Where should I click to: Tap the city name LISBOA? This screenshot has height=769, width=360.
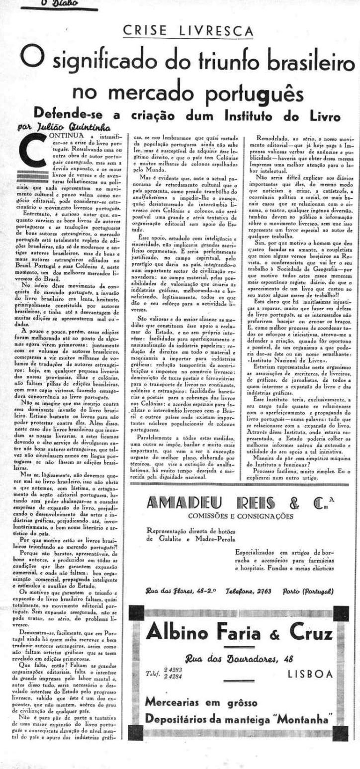[310, 674]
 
